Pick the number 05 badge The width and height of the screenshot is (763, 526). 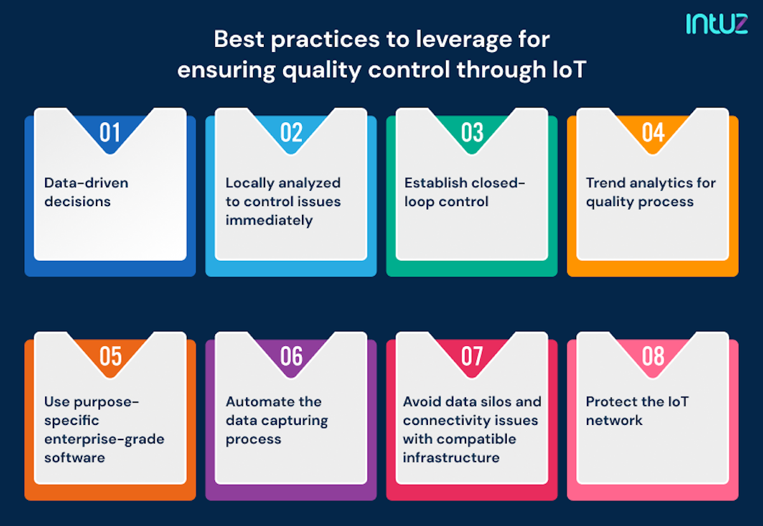click(x=110, y=356)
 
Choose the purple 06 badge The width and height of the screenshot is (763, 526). click(x=291, y=356)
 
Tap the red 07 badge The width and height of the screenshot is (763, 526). click(x=472, y=356)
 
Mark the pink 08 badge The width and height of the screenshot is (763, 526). click(x=653, y=356)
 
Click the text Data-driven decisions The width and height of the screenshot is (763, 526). click(x=86, y=192)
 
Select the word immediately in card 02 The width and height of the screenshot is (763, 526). click(x=269, y=220)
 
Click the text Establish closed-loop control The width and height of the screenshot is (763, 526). click(x=465, y=192)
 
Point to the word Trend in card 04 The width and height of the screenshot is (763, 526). click(x=604, y=183)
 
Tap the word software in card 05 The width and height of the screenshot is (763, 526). click(x=74, y=457)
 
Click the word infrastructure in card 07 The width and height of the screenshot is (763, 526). click(x=451, y=457)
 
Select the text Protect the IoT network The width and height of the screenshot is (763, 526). click(x=636, y=411)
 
